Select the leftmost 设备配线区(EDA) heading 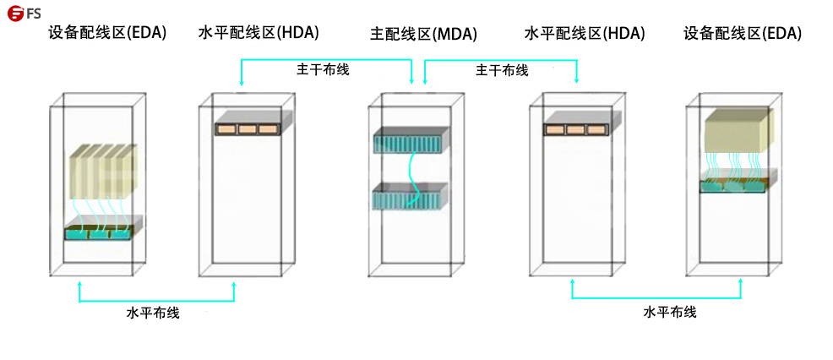(x=107, y=33)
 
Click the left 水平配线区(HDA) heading (x=259, y=33)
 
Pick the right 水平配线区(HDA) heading (x=585, y=34)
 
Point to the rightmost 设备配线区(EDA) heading (x=742, y=34)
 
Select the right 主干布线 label (x=503, y=70)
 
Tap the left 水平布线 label (x=153, y=313)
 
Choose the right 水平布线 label (x=670, y=312)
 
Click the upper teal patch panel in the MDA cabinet (x=409, y=140)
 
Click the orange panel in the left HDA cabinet (x=247, y=128)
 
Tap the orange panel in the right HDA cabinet (x=576, y=129)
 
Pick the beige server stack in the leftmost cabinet (x=101, y=170)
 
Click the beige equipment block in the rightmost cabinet (x=737, y=130)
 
